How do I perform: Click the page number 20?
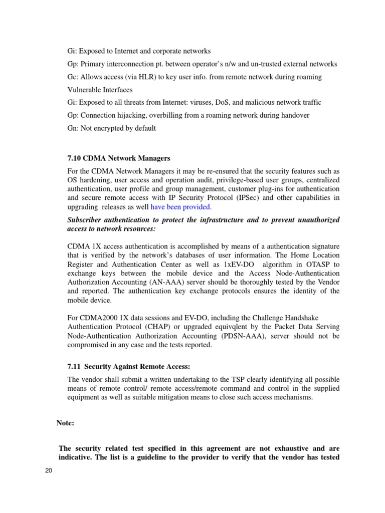[x=49, y=470]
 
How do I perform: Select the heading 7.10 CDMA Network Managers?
[x=119, y=158]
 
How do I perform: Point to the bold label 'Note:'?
[x=65, y=423]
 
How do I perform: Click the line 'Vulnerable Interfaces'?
[x=100, y=90]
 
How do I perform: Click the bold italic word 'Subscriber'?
[x=86, y=220]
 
